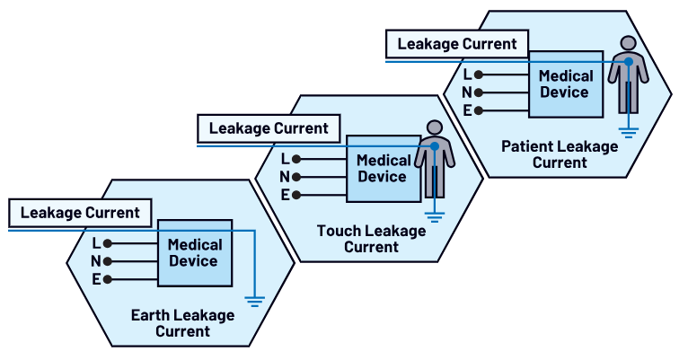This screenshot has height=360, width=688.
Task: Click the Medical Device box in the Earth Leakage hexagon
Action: point(194,253)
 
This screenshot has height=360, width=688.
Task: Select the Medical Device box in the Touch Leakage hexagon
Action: point(384,169)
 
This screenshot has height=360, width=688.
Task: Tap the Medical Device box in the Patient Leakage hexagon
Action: point(565,83)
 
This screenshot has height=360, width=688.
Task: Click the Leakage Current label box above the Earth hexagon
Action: point(80,213)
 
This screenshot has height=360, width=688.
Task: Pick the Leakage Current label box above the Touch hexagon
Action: point(269,128)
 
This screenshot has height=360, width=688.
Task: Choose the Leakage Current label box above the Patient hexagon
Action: point(457,44)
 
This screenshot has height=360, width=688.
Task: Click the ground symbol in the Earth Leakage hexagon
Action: point(255,300)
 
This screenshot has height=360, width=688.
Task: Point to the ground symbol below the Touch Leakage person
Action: point(435,215)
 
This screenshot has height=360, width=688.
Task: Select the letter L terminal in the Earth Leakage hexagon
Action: point(96,242)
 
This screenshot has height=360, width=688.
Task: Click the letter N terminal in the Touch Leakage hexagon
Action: point(285,177)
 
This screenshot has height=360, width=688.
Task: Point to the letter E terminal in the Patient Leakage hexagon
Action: point(467,110)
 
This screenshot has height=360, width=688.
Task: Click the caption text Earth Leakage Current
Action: point(182,323)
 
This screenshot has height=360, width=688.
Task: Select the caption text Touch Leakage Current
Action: point(371,239)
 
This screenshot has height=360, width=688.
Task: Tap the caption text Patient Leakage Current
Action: point(560,154)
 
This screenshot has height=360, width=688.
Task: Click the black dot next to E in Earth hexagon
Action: point(108,279)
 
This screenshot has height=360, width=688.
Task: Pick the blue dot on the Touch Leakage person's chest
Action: point(435,145)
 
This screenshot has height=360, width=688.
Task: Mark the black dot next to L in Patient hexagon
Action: point(479,75)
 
